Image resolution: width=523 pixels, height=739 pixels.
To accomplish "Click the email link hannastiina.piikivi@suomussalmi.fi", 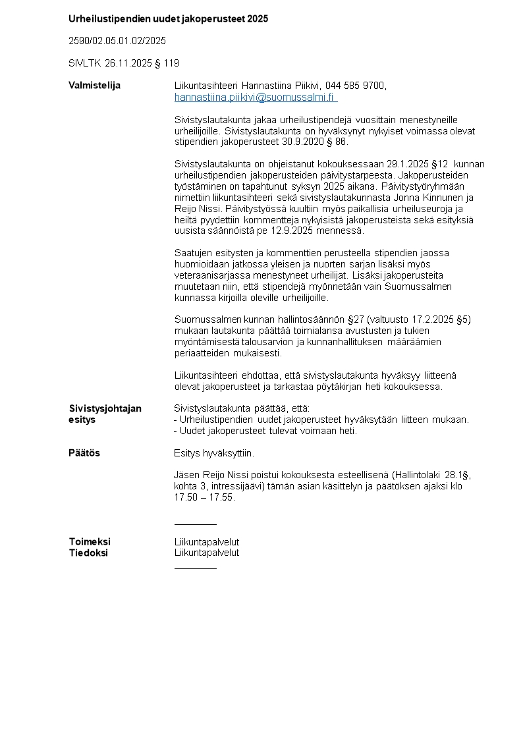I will [255, 97].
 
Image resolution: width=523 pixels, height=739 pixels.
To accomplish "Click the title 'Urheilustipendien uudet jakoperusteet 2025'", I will [168, 19].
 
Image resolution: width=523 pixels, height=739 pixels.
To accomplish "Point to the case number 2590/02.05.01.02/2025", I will [117, 41].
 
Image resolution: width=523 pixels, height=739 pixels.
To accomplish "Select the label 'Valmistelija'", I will [94, 86].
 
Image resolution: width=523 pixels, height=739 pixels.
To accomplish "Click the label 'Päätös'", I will [84, 453].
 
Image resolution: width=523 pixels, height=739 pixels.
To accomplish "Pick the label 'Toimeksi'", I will [90, 542].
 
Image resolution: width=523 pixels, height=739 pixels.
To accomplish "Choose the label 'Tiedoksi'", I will [88, 553].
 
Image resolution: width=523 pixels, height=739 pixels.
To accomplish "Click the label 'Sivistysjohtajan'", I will [105, 408].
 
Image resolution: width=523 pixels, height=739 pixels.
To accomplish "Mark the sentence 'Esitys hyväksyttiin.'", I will [214, 453].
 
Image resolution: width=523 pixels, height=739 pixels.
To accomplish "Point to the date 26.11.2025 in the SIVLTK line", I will [126, 63].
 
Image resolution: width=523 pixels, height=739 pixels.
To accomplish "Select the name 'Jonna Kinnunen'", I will [435, 198].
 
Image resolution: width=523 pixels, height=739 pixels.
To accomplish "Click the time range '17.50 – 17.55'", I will [204, 497].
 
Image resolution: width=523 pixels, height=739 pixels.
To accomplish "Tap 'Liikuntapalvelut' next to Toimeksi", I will [207, 542].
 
